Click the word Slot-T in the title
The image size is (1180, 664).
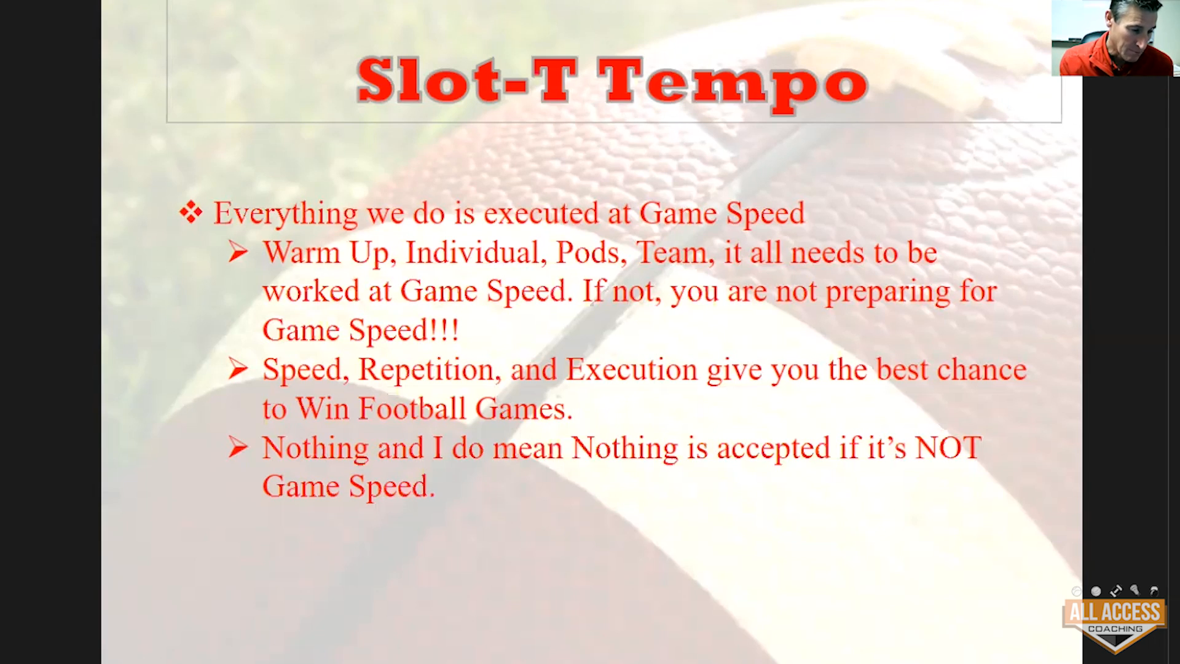tap(467, 81)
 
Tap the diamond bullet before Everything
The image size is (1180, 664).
tap(191, 212)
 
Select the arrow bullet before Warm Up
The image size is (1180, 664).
tap(238, 252)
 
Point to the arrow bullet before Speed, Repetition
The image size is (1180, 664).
tap(238, 369)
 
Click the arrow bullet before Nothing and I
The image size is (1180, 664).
tap(238, 448)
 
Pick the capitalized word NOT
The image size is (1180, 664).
tap(948, 448)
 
